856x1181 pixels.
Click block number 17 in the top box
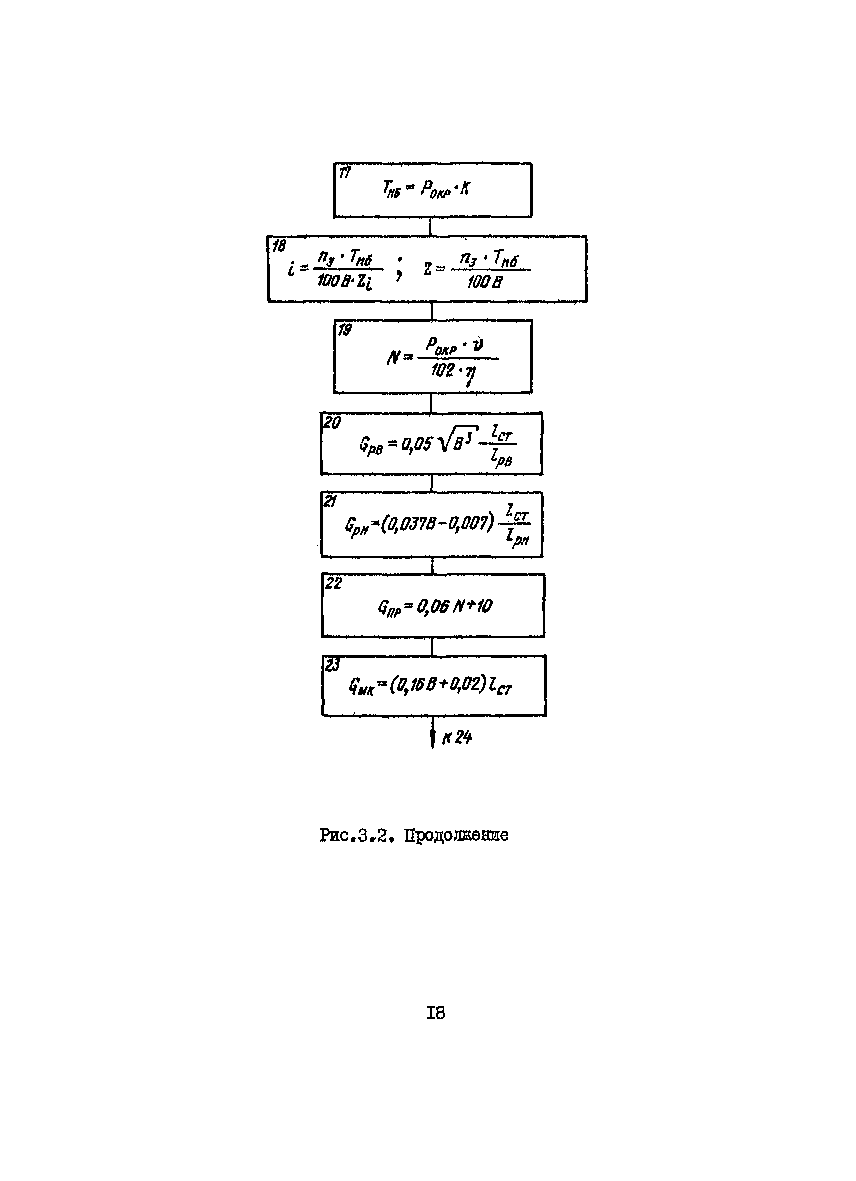pos(344,173)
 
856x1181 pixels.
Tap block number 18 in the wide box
pos(279,246)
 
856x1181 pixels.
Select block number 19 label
pos(344,329)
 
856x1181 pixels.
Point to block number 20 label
pos(332,423)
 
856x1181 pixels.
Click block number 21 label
pos(330,501)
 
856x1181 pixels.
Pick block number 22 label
pos(334,583)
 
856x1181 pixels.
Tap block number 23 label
pos(332,665)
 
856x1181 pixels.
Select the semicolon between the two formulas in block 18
pos(399,269)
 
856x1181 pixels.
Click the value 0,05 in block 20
pos(416,444)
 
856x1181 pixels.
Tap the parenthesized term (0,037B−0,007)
pos(437,523)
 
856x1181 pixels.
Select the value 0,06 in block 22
pos(431,606)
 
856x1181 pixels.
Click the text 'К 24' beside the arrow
pos(457,737)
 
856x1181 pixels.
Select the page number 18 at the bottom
pos(436,1012)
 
